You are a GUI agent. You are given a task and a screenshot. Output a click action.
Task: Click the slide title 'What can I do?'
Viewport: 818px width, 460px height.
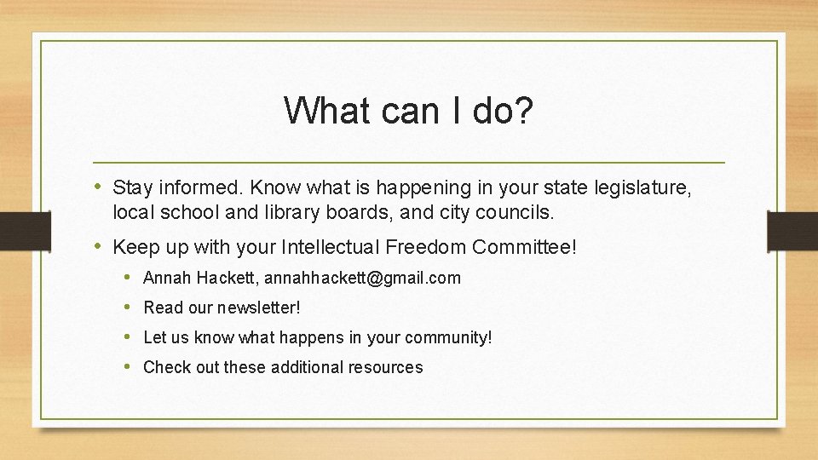coord(408,110)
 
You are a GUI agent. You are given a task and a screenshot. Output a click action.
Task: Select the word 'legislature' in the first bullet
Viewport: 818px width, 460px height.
coord(641,187)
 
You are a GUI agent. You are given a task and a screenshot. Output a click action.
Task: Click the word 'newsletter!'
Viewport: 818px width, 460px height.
coord(259,308)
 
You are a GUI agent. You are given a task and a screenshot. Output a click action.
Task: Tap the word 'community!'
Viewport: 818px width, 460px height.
coord(448,337)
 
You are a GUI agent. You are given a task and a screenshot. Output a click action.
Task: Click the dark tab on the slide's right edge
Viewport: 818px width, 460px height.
coord(792,231)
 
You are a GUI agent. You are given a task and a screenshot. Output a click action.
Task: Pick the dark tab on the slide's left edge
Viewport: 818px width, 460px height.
coord(15,231)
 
